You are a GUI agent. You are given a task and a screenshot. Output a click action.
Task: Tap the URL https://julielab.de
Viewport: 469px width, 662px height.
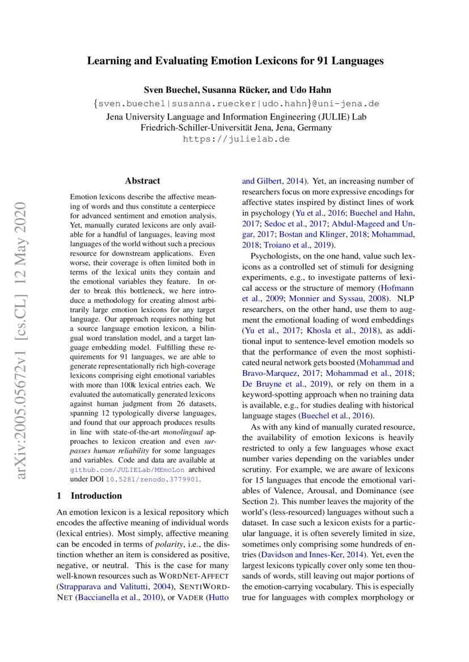(236, 139)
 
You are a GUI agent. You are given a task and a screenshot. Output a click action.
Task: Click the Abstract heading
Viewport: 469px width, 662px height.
(142, 181)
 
